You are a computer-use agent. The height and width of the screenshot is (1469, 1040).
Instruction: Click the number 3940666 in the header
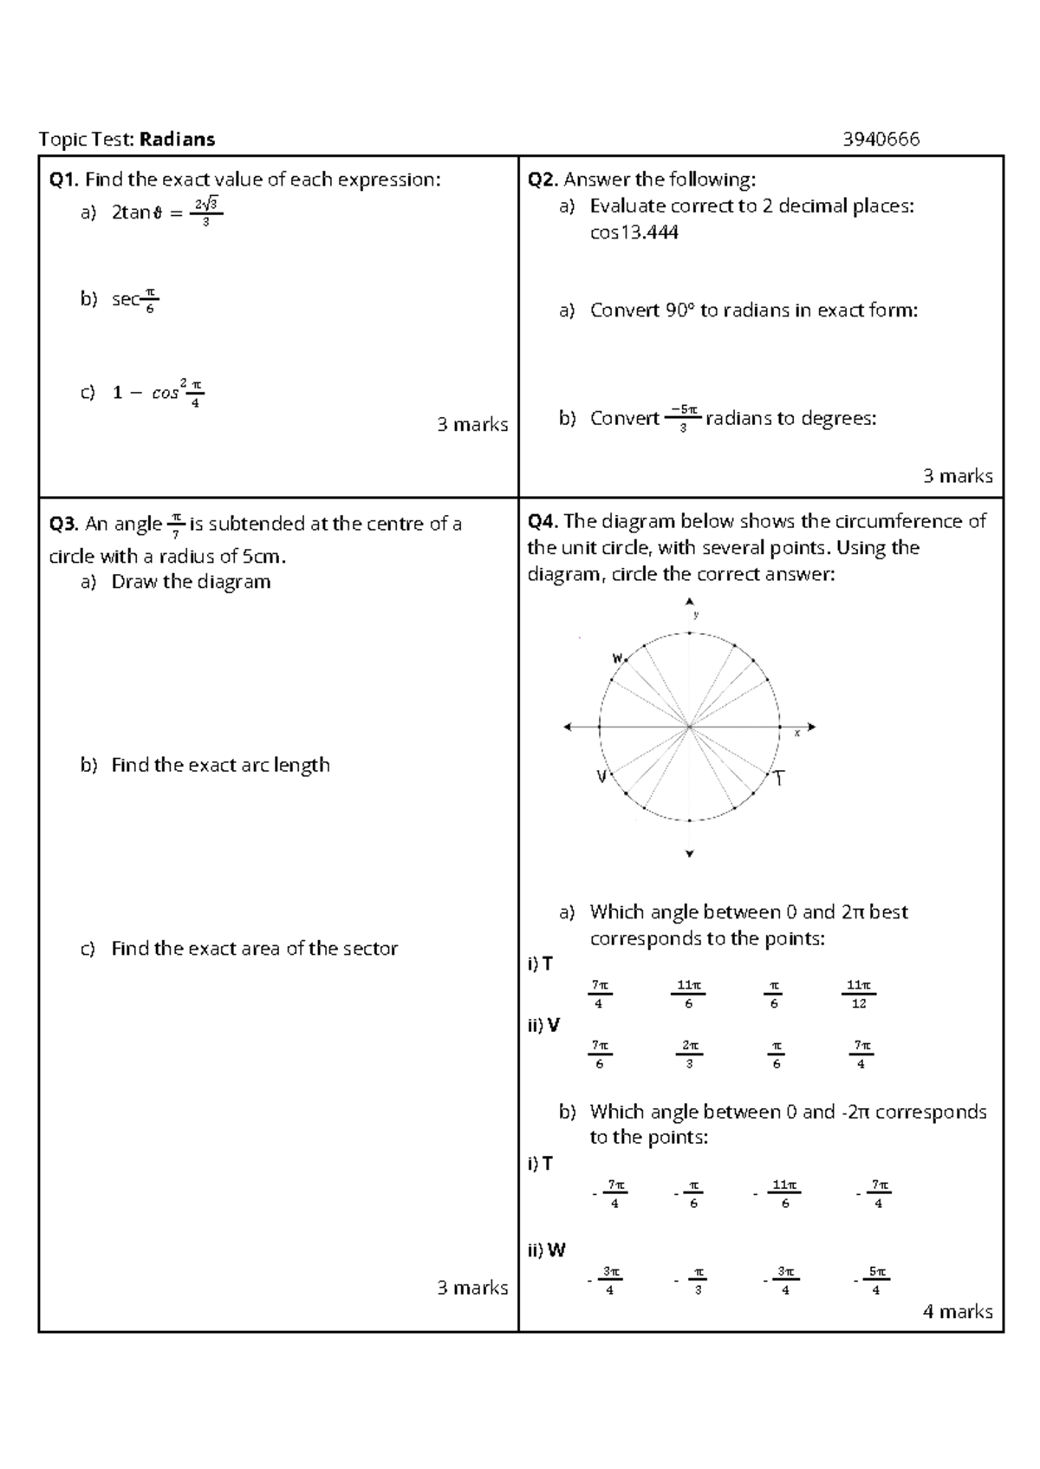(x=881, y=139)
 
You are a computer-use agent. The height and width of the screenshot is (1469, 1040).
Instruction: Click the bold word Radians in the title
(x=178, y=139)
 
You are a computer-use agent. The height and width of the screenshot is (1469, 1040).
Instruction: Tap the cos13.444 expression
(x=634, y=232)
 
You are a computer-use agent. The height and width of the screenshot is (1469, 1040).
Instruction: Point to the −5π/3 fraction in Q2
(x=684, y=418)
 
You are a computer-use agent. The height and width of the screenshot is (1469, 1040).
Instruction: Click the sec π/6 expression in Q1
(x=134, y=299)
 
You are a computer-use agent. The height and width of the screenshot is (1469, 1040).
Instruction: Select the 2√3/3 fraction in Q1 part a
(x=205, y=212)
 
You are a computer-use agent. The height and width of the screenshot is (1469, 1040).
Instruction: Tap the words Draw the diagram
(x=191, y=582)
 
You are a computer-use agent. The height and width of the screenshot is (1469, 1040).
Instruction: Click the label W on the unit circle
(x=618, y=658)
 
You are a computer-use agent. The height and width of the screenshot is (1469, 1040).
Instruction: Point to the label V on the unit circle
(x=600, y=777)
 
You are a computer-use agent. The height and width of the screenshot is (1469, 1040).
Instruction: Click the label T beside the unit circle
(x=780, y=779)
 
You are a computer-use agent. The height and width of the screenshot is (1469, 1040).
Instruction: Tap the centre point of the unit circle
(x=690, y=728)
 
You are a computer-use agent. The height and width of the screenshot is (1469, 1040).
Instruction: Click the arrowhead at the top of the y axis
(x=690, y=601)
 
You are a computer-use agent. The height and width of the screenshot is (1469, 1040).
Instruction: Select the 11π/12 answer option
(x=858, y=994)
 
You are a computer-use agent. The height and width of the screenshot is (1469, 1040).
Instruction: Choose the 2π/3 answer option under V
(x=689, y=1054)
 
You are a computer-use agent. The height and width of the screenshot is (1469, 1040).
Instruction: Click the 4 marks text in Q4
(x=958, y=1311)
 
